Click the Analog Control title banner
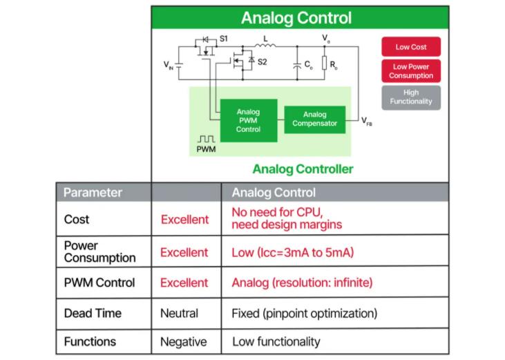tap(299, 19)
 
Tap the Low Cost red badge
tap(410, 47)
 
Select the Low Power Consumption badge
tap(410, 71)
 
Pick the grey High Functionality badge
tap(410, 97)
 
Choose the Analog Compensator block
tap(314, 119)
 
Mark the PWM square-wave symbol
tap(206, 139)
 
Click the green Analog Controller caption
tap(303, 169)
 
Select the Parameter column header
tap(93, 192)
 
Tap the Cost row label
tap(77, 219)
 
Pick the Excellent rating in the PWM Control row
tap(184, 283)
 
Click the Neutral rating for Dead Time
tap(180, 313)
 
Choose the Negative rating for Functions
tap(183, 341)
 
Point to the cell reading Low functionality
tap(276, 341)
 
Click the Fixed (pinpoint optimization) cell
tap(304, 313)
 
